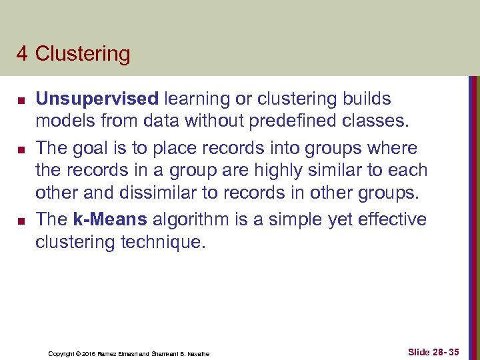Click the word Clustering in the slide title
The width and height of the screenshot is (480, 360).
tap(83, 54)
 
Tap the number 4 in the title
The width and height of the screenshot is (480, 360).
tap(22, 54)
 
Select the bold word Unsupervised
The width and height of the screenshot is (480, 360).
tap(97, 99)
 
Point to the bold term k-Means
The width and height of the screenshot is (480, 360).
tap(111, 219)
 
